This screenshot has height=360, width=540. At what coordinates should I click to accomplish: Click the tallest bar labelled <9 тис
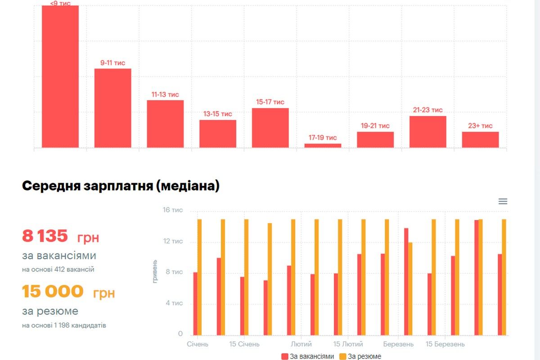tap(60, 76)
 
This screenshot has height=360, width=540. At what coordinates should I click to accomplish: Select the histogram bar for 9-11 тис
tap(112, 108)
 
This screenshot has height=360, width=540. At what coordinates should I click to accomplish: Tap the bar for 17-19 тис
tap(323, 145)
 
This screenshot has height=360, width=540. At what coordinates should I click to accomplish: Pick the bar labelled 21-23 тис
tap(427, 131)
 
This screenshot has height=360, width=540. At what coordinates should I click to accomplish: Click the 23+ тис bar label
tap(480, 126)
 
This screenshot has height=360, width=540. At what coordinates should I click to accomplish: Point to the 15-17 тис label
tap(270, 102)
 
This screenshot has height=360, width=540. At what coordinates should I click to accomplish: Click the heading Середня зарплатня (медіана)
tap(121, 186)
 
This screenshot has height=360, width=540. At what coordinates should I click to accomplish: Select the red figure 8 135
tap(45, 236)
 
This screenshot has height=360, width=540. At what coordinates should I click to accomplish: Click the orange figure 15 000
tap(53, 292)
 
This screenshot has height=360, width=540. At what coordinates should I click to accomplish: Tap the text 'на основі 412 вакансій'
tap(58, 270)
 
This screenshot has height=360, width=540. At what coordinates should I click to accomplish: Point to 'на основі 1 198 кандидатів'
tap(64, 325)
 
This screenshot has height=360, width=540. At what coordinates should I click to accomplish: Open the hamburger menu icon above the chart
tap(503, 202)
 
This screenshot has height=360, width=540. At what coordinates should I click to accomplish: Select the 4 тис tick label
tap(174, 303)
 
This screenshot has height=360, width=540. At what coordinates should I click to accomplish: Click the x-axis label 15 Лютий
tap(348, 344)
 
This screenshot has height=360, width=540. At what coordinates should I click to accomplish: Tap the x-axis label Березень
tap(398, 344)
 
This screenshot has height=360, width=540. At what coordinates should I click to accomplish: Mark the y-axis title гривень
tap(155, 271)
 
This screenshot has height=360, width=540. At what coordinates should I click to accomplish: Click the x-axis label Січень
tap(198, 344)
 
